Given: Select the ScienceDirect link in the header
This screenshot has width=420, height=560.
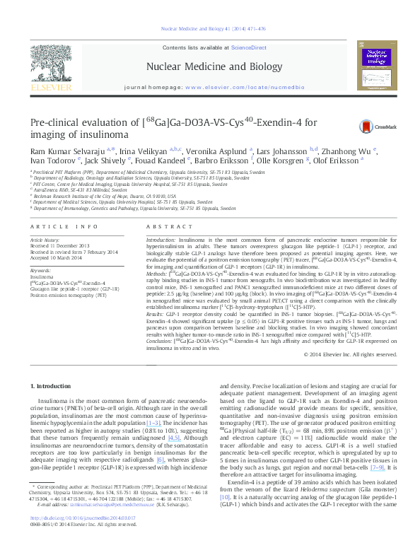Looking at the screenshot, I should [x=240, y=47].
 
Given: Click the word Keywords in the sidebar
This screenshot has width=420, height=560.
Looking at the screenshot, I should [x=40, y=271].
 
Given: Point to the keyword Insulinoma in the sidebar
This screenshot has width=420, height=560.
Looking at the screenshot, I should [x=42, y=277].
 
